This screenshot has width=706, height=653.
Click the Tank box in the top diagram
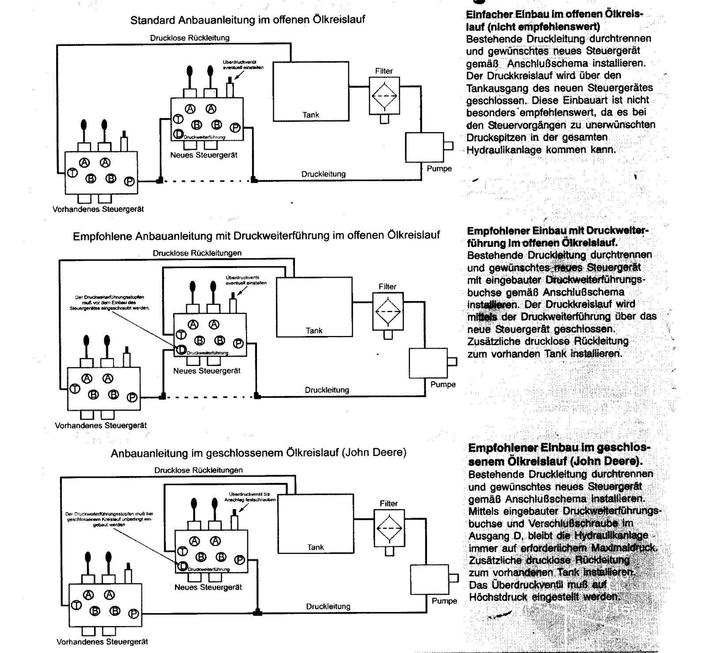pos(311,91)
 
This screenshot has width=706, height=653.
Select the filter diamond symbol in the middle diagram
pos(388,311)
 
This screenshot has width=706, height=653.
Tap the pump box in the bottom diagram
pos(429,579)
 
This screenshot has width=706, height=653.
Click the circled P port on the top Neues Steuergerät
pos(235,128)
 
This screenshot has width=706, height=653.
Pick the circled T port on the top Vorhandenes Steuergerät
pos(72,172)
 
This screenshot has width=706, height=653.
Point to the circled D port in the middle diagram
pos(181,350)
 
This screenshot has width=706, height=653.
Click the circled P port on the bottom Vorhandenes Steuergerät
pos(133,614)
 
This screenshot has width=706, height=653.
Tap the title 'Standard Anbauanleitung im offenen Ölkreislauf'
pos(248,20)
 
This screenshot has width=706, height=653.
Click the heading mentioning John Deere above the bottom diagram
pos(258,453)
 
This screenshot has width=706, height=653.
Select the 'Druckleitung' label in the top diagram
pos(323,174)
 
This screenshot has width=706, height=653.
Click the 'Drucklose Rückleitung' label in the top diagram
pos(189,38)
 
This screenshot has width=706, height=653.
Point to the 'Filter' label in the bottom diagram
pos(389,503)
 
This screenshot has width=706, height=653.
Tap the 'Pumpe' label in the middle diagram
pos(443,384)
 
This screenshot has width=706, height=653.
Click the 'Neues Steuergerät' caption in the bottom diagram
pos(208,587)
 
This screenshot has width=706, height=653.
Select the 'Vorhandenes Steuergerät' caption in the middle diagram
pos(101,426)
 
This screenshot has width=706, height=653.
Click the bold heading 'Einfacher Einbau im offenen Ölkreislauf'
pos(554,20)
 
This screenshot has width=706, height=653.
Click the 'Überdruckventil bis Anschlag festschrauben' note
pos(249,497)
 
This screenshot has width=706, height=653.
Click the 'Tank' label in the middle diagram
pos(314,330)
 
